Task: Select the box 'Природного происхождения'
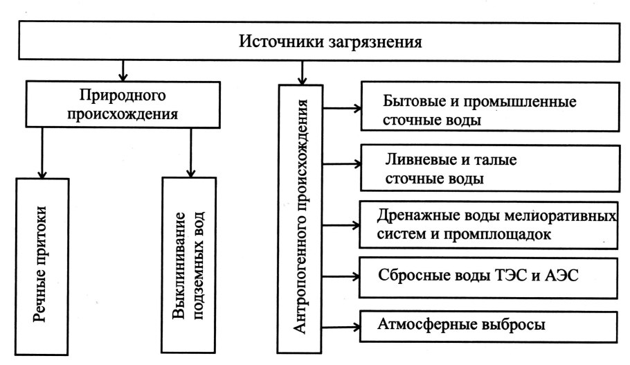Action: tap(122, 104)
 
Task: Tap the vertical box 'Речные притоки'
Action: tap(43, 267)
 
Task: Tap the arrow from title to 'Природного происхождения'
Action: tap(123, 70)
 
